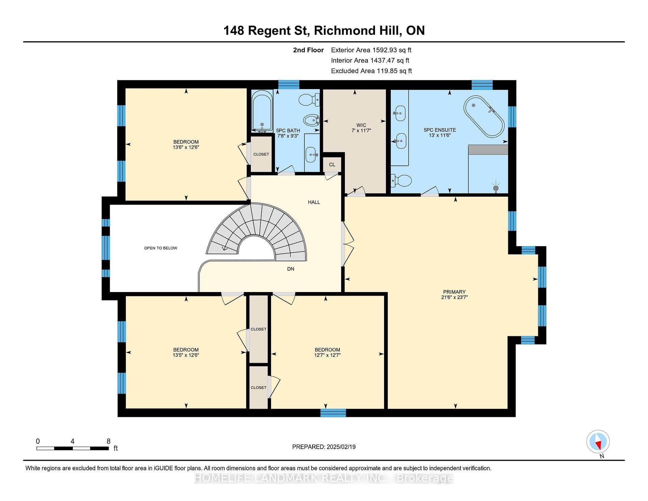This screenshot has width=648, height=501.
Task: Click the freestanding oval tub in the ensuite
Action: [x=484, y=116]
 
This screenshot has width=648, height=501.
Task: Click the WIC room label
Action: [x=361, y=125]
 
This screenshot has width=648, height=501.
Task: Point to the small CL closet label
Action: [x=332, y=165]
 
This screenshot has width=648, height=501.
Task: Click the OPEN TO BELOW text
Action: [x=161, y=248]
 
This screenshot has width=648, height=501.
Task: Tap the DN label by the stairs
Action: [x=291, y=269]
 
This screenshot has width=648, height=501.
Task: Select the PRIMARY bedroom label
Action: [x=454, y=292]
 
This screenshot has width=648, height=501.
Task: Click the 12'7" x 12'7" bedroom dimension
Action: [x=327, y=355]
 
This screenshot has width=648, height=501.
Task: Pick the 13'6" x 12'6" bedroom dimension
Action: [x=186, y=147]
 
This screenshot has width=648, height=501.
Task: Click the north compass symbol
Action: [x=598, y=442]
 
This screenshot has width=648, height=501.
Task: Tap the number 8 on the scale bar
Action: [x=108, y=441]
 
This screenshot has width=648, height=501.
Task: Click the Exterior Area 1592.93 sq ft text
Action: [x=371, y=50]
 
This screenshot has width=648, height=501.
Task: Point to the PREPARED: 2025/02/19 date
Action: [x=324, y=447]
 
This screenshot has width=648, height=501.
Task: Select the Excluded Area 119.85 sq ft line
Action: [x=372, y=71]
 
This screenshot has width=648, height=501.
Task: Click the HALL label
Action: [x=314, y=202]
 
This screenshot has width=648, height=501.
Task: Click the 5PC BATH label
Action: [x=288, y=131]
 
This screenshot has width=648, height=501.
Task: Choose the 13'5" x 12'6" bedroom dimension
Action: [x=186, y=355]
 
